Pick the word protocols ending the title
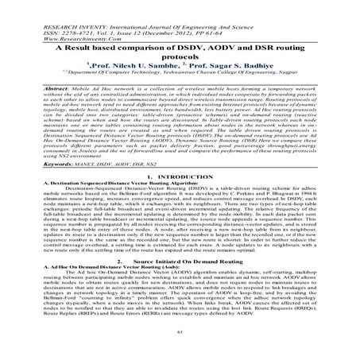(180, 58)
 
